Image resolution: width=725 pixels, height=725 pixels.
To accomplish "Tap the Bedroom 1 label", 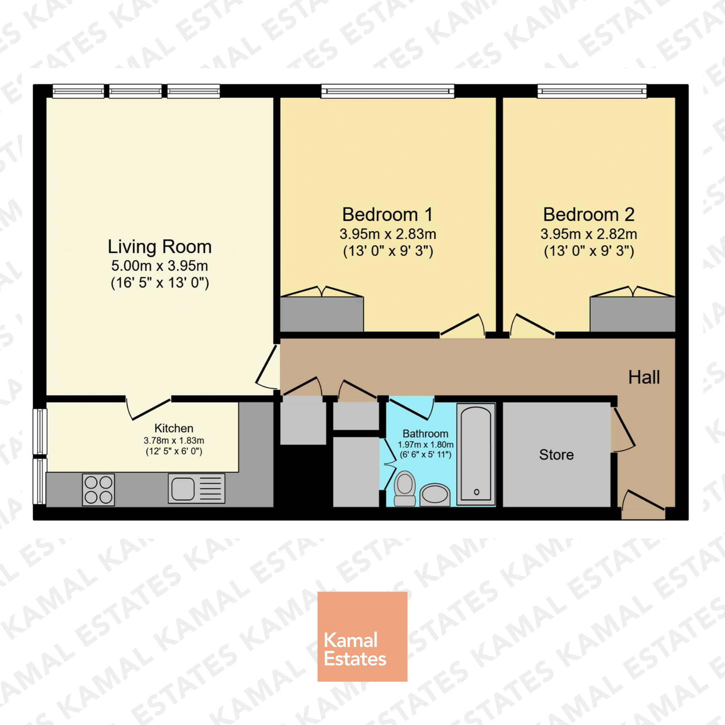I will pos(387,215).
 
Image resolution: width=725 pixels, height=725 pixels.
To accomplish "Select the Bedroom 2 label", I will pos(588,215).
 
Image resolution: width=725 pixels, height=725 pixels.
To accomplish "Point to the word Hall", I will pos(644,377).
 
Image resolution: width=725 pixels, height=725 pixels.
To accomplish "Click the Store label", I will pos(556,455).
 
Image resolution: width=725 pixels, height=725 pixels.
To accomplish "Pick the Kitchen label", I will pos(174,428).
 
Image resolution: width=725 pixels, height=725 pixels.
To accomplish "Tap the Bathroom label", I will pos(425,434).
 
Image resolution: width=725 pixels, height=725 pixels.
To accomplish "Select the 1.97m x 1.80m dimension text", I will pos(426,445).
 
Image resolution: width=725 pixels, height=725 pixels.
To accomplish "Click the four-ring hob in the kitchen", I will pos(98,490).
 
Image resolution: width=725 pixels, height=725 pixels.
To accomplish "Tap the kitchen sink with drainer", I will pos(196,488).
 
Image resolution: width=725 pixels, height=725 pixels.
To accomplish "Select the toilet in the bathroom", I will pos(405,488).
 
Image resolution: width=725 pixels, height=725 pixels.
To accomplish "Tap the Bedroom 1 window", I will pos(387,91).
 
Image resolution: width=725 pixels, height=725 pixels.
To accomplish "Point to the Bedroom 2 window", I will pos(592,91).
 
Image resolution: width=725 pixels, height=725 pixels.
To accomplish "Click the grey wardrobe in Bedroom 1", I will pos(322,314).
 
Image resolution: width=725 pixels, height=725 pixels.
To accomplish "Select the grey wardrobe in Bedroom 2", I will pos(632,314).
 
